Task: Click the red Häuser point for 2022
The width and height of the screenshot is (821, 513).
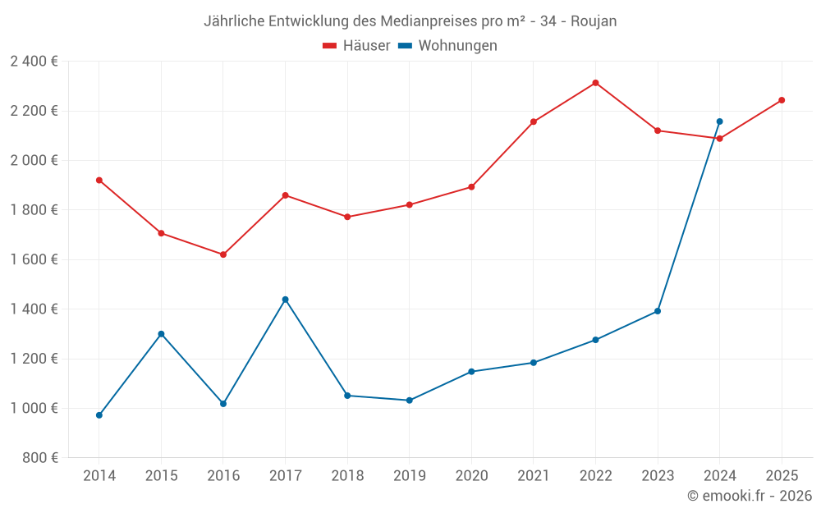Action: pos(595,83)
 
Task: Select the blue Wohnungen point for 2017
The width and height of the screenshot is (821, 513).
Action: pos(285,300)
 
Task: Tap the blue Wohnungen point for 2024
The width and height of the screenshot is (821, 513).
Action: pos(719,121)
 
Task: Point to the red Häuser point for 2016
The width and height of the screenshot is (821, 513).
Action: pos(223,254)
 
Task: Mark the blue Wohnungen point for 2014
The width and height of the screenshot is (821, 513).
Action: pos(99,415)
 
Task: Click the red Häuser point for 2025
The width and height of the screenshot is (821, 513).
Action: pos(782,100)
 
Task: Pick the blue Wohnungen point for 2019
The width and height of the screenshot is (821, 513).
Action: pos(409,401)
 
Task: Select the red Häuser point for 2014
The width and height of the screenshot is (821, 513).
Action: pos(99,180)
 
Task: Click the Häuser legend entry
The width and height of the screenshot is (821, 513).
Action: pos(356,46)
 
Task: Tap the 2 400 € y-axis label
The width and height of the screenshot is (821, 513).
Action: pos(34,62)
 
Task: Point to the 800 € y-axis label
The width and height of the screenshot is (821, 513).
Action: pos(41,458)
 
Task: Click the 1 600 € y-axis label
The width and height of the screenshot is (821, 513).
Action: pos(34,259)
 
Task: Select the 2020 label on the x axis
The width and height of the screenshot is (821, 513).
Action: pos(471,476)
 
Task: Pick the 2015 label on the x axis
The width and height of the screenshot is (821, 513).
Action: pos(161,476)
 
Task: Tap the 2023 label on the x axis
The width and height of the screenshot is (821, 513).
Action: pos(658,476)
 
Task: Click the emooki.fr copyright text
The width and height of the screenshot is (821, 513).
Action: pos(750,496)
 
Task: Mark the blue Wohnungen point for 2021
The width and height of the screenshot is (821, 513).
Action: pos(534,363)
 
